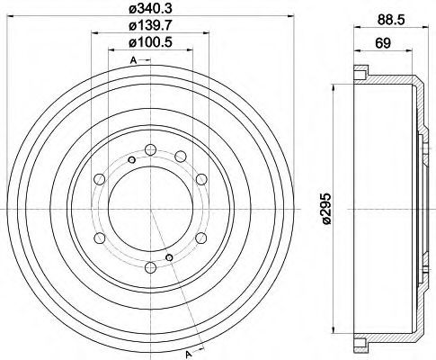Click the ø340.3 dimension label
tap(151, 9)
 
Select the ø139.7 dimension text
tap(151, 26)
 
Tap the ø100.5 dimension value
tap(151, 42)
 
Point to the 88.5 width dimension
tap(391, 20)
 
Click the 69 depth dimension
tap(383, 43)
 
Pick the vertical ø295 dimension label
tap(326, 209)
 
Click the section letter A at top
tap(133, 60)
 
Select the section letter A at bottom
tap(189, 355)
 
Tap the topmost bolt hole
tap(150, 150)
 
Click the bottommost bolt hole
tap(150, 267)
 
